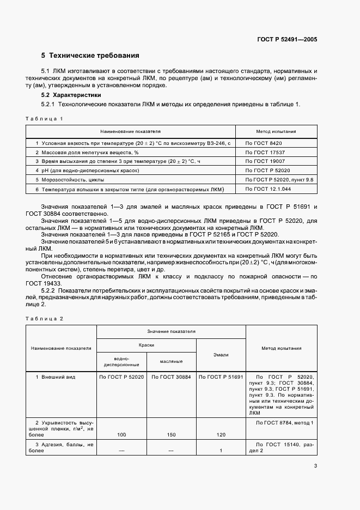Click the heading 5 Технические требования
pos(90,56)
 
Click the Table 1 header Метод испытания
pos(276,131)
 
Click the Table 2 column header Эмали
pos(221,354)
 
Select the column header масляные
pos(171,361)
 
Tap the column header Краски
pos(146,345)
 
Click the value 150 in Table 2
pos(171,435)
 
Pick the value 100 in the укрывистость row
pos(121,435)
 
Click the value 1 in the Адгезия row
pos(221,451)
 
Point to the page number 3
pos(315,465)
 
